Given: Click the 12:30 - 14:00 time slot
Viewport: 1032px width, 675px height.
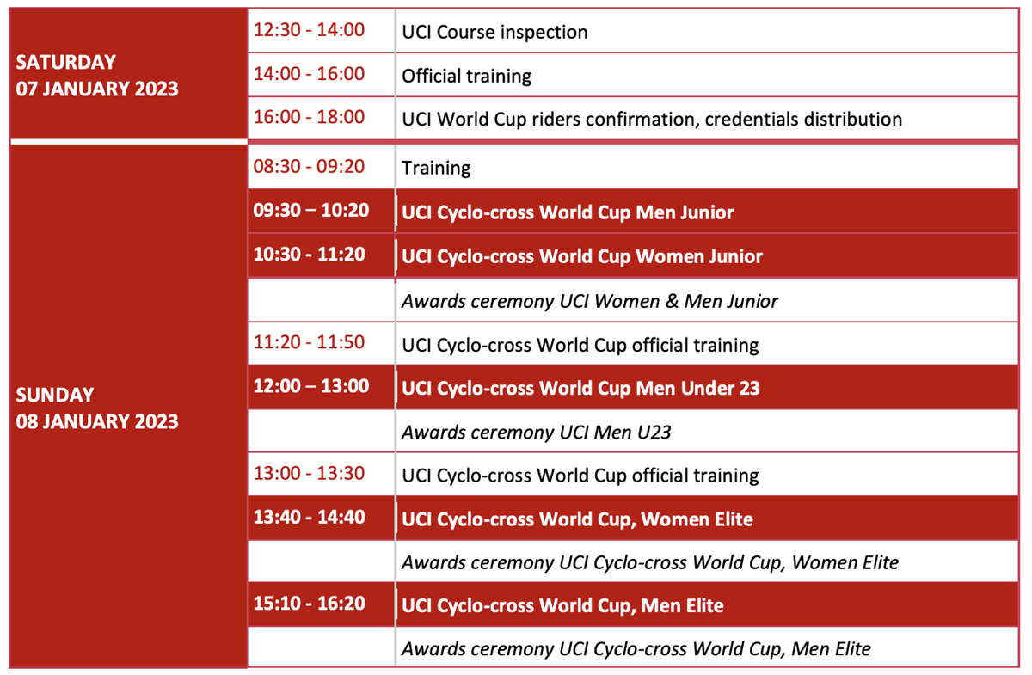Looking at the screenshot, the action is coord(309,30).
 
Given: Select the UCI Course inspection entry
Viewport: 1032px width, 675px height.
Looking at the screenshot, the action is coord(494,33).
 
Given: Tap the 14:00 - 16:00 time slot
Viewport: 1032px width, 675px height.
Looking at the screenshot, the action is coord(309,74).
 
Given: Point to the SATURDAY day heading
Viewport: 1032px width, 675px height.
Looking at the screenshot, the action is coord(66,62).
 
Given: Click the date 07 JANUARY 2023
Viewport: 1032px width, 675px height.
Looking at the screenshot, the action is coord(96,89).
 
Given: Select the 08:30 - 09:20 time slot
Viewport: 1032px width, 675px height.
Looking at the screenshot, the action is coord(309,166).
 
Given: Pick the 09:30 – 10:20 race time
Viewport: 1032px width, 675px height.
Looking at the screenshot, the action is coord(311,210).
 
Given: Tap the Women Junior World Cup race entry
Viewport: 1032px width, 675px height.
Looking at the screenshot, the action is coord(582,256).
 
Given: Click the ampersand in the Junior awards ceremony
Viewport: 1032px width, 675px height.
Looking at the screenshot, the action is coord(673,301).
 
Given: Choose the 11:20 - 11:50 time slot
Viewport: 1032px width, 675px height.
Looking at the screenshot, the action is coord(309,342).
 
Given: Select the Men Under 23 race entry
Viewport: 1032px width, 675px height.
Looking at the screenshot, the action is coord(580,389).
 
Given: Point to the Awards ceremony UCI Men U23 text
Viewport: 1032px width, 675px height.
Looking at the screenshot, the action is coord(537,433).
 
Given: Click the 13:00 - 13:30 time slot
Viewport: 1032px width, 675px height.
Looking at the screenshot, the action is coord(309,473).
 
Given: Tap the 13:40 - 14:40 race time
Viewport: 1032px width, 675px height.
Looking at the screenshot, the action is coord(309,517).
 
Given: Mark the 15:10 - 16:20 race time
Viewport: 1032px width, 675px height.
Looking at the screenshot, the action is coord(309,603).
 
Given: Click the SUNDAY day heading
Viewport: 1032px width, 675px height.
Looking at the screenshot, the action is coord(55,395).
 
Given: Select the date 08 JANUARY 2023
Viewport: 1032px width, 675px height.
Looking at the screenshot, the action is coord(96,421).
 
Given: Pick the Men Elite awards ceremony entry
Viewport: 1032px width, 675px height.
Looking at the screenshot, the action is coord(636,648).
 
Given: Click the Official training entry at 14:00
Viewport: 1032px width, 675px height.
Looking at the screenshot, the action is coord(466,76).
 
